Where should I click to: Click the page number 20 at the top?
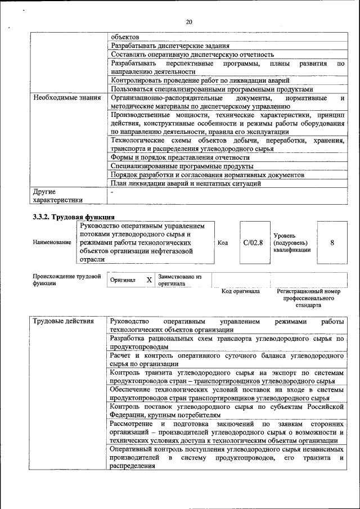tap(189, 22)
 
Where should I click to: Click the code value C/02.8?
tap(253, 242)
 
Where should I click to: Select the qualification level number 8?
tap(332, 242)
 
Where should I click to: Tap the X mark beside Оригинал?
tap(149, 280)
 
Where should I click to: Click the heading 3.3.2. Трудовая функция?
tap(74, 217)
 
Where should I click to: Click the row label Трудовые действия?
tap(59, 321)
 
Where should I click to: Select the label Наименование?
tap(52, 242)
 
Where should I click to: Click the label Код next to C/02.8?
tap(222, 242)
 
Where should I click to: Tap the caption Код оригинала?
tap(240, 291)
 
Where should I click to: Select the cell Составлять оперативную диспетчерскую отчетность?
tap(192, 55)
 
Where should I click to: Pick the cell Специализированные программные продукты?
tap(182, 166)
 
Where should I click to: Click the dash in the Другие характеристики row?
tap(112, 192)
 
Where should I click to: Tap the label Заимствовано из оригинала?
tap(179, 280)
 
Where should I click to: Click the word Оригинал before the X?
tap(123, 280)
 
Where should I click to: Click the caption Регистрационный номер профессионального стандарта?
tap(309, 299)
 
